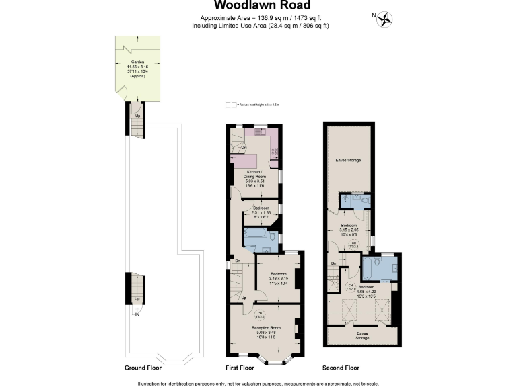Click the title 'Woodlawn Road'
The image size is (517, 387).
coord(258,6)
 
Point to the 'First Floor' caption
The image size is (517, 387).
coord(240,368)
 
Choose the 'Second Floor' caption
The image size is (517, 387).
coord(340,368)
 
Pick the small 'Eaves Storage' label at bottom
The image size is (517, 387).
coord(362,336)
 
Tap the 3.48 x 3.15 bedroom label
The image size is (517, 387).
coord(279,277)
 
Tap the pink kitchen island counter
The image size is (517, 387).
coord(245,161)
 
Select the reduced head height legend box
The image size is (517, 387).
coord(231,105)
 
